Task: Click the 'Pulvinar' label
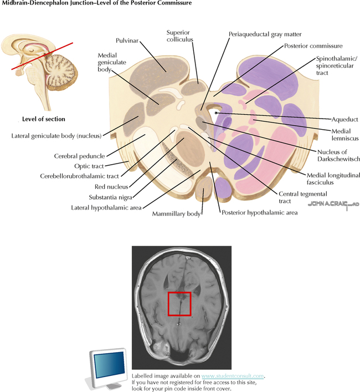point(127,41)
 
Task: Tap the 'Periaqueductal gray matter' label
point(265,34)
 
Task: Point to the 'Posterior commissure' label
point(313,46)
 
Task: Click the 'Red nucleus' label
point(111,187)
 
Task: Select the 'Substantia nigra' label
point(110,197)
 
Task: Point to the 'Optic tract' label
point(89,166)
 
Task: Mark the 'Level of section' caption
point(43,119)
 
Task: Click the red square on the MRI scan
point(179,303)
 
